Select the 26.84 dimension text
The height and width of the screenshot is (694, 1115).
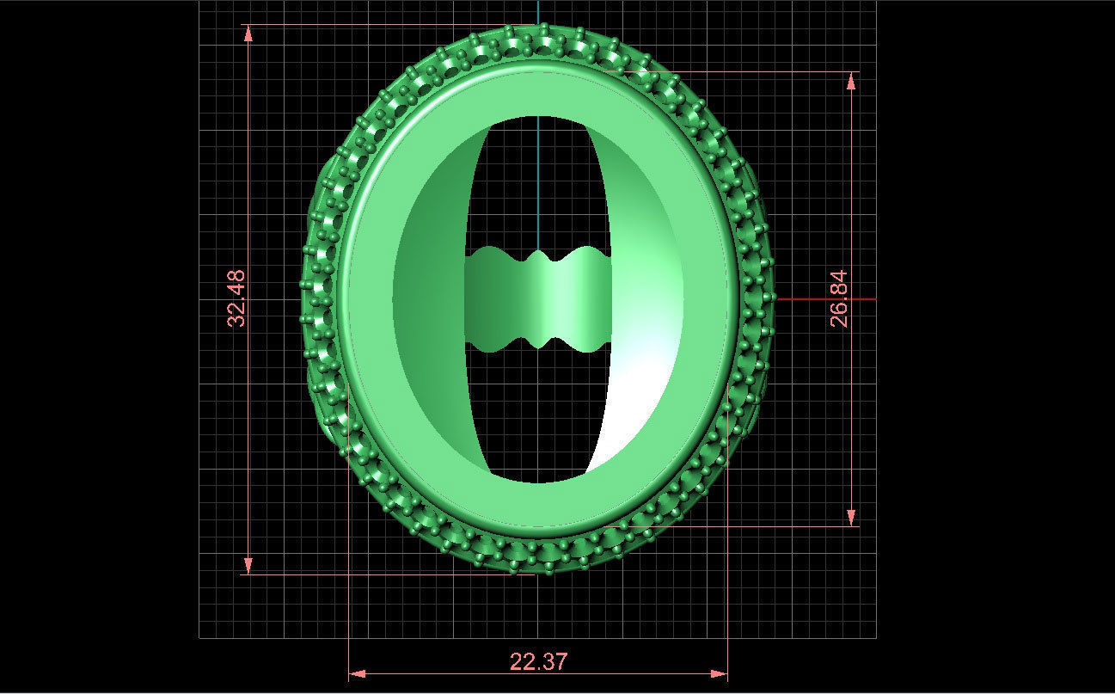[x=840, y=298]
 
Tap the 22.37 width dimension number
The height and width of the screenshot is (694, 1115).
[x=538, y=661]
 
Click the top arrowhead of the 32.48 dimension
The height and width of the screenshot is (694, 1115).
[x=248, y=33]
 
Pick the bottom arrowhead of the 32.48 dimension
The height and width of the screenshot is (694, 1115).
[x=248, y=565]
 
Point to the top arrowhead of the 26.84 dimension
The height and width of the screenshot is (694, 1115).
[x=852, y=80]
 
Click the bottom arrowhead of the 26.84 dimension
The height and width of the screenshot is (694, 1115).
[x=852, y=517]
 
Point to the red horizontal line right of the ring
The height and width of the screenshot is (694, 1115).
[x=825, y=299]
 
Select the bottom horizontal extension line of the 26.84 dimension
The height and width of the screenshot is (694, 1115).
[x=774, y=525]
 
